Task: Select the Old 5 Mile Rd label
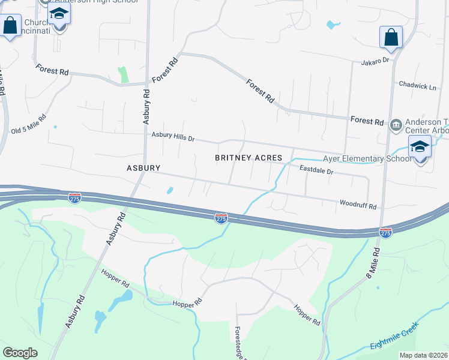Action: (28, 124)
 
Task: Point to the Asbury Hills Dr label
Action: (173, 138)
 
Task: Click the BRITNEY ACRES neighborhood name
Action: (249, 158)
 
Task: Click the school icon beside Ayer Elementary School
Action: (420, 148)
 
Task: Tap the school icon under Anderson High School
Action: (59, 14)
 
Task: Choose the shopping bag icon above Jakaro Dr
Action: (391, 37)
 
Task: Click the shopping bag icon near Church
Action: (10, 26)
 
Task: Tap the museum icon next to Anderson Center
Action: (395, 125)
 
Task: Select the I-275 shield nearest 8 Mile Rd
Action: (385, 232)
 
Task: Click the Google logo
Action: (20, 353)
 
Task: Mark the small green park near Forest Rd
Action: (124, 74)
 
